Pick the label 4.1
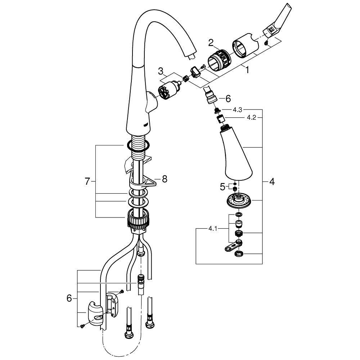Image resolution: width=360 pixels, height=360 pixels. coord(212,228)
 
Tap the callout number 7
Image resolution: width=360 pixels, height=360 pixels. coord(87,182)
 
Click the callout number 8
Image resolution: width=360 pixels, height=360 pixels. coord(165,179)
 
